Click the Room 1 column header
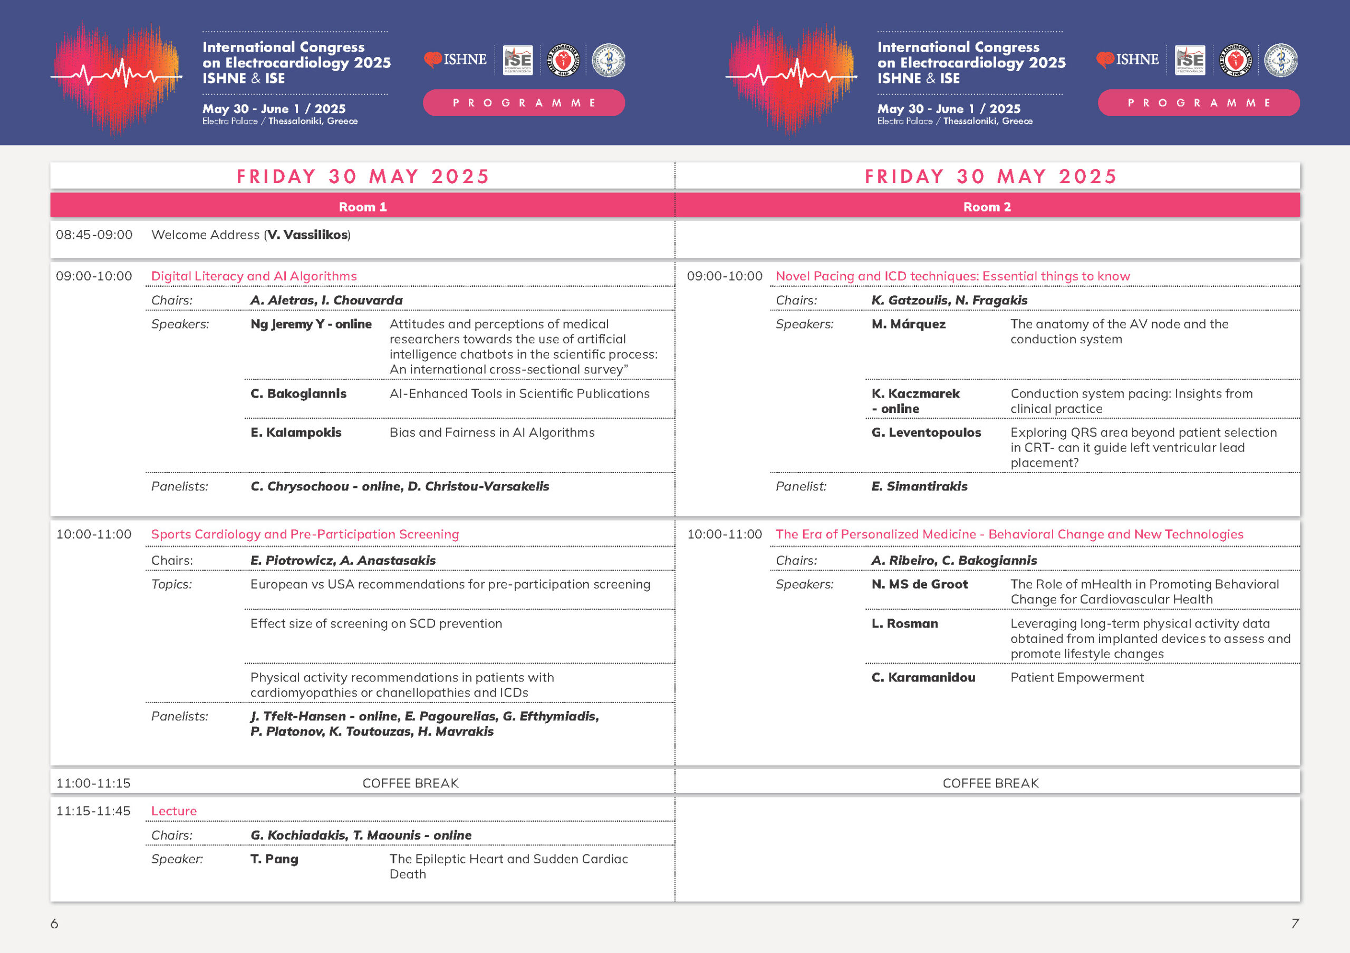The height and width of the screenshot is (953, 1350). [x=362, y=207]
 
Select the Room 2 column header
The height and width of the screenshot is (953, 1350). [x=987, y=207]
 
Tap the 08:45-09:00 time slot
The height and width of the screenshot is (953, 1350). [x=94, y=235]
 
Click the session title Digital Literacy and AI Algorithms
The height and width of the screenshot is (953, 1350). [x=254, y=276]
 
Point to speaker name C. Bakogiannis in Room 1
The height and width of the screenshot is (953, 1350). [x=298, y=394]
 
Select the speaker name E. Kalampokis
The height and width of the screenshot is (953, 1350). [x=296, y=432]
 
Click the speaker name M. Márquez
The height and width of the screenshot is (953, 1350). [x=909, y=324]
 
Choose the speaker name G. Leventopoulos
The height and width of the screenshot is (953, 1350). [x=926, y=432]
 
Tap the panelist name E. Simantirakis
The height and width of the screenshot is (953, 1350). [x=919, y=487]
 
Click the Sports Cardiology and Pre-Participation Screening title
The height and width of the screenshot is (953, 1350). [x=305, y=534]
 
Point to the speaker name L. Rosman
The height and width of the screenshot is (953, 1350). [x=904, y=624]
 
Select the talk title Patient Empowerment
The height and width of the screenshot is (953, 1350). [x=1077, y=678]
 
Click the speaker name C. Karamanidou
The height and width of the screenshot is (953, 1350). [x=923, y=678]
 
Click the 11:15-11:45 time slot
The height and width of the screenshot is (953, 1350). [x=93, y=811]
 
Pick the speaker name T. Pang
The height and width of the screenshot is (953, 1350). [x=274, y=860]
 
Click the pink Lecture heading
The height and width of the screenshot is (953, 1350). [x=174, y=811]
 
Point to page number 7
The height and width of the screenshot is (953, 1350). [x=1294, y=923]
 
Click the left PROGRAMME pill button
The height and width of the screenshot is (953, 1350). [x=523, y=103]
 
